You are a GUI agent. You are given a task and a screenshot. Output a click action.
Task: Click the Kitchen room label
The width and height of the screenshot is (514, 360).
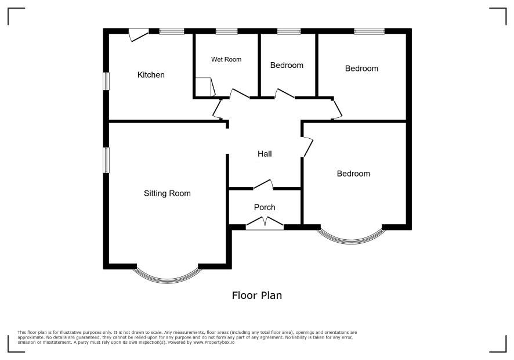pos(151,75)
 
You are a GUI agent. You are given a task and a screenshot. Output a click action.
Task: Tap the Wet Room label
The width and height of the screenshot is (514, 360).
pos(226,59)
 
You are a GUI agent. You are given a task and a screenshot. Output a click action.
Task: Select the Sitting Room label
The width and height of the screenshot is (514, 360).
pos(167,193)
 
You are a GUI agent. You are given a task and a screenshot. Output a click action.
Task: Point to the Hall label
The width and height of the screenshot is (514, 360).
pos(265,154)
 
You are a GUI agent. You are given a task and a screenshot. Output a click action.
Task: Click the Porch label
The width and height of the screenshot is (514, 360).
pos(265,207)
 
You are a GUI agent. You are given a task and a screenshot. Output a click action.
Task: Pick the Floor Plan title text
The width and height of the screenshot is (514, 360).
pos(257,296)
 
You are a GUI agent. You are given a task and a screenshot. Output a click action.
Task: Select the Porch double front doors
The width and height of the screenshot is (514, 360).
pos(265,223)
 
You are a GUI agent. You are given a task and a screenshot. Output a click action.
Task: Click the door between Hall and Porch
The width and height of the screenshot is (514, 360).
pos(263,185)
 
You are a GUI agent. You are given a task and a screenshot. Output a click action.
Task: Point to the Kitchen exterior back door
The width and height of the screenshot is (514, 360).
pos(138,35)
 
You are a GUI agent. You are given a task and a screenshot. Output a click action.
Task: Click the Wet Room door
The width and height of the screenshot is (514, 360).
pos(239,93)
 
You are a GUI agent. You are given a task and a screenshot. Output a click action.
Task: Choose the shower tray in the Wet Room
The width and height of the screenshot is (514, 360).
pos(205,87)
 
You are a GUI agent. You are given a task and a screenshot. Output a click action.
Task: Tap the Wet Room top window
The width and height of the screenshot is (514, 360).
pos(226,31)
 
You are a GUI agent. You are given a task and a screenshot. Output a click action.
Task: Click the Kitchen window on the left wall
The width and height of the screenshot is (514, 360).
pos(106,81)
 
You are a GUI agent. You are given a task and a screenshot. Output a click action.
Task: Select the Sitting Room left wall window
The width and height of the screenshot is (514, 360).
pos(106,160)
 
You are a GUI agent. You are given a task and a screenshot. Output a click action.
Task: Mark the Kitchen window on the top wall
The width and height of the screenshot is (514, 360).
pos(172,31)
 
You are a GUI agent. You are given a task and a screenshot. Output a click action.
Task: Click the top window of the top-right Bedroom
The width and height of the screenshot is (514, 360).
pos(369,31)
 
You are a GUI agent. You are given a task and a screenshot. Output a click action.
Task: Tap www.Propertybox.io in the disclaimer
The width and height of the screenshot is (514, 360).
pos(213,342)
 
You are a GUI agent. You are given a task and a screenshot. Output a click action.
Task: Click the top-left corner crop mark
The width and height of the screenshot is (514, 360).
pos(9,9)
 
